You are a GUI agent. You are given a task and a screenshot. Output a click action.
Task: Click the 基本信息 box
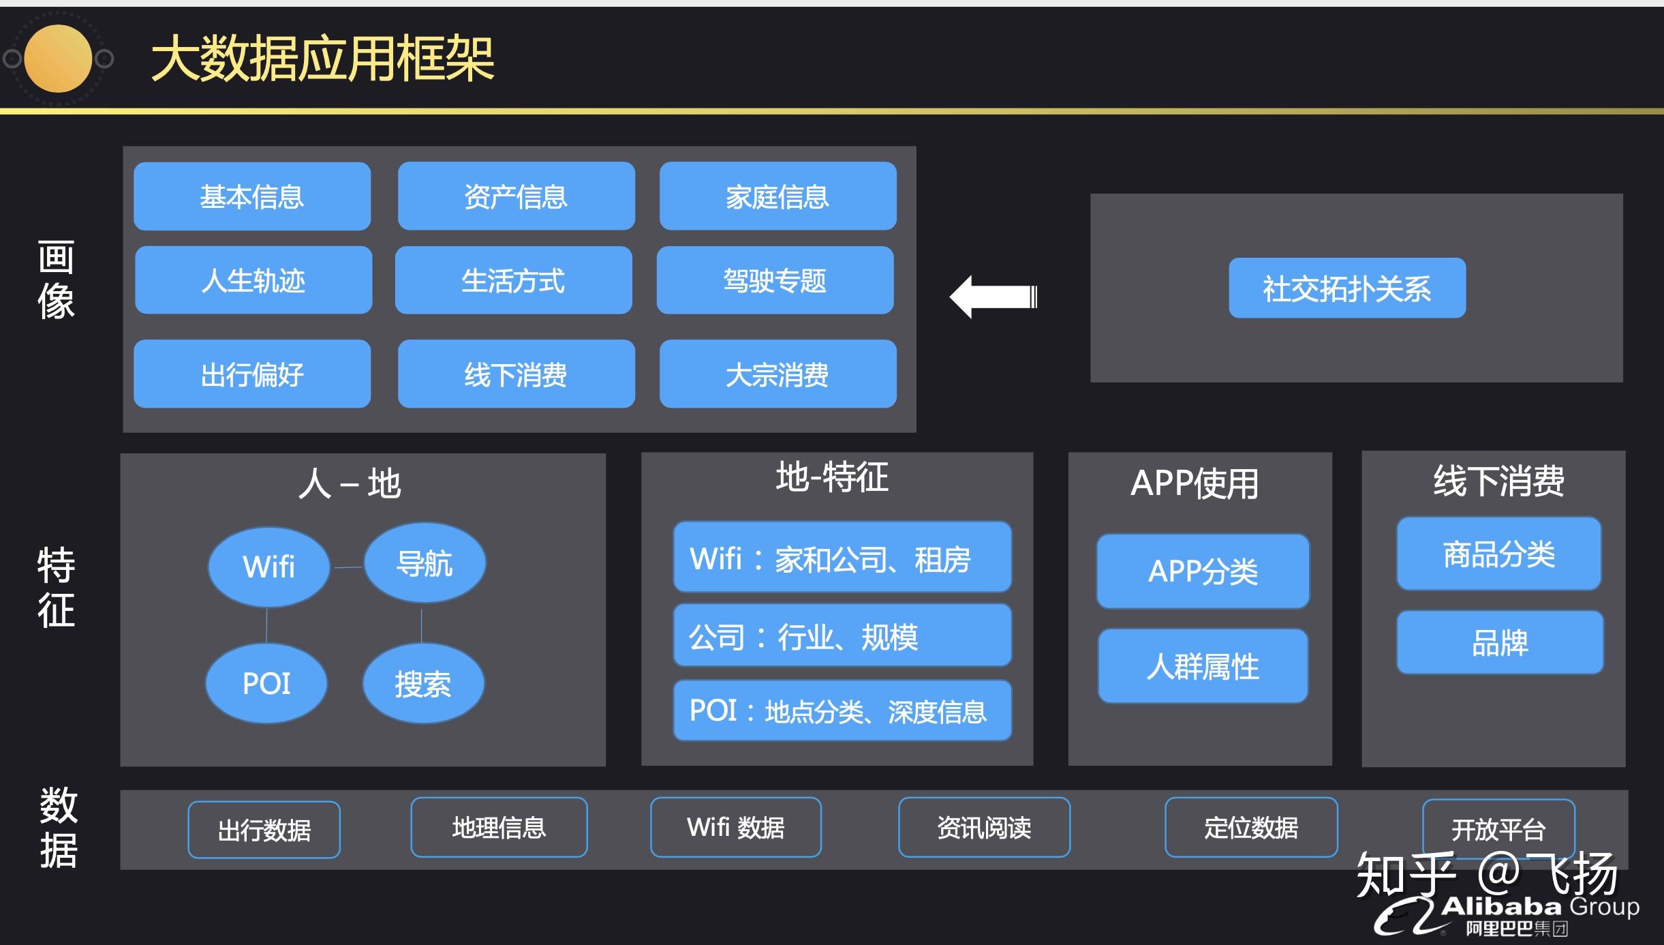[x=252, y=196]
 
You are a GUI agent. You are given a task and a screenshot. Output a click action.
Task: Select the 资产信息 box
[x=516, y=196]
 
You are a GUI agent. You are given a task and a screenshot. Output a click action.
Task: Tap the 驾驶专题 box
[x=775, y=280]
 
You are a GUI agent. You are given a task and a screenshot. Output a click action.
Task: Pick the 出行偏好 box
[x=252, y=374]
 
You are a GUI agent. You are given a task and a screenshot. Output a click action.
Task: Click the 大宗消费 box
[x=777, y=374]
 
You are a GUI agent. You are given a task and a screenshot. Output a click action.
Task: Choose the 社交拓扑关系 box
[x=1346, y=288]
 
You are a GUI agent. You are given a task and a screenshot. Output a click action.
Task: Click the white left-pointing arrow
[x=993, y=297]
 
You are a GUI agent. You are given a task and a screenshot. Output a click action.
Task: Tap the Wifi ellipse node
[x=269, y=567]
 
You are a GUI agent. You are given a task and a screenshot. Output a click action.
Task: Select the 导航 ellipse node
[x=425, y=563]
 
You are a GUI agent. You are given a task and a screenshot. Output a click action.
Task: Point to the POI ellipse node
[x=266, y=683]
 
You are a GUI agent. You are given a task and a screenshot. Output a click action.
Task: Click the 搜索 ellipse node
[x=423, y=683]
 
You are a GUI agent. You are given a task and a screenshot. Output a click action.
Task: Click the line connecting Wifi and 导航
[x=348, y=567]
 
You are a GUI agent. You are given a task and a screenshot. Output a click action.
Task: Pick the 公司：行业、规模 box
[x=842, y=635]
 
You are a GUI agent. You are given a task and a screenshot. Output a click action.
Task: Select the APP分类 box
[x=1203, y=571]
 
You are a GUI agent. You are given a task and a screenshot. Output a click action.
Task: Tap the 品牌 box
[x=1500, y=642]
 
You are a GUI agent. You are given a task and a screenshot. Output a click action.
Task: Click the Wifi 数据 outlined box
[x=735, y=827]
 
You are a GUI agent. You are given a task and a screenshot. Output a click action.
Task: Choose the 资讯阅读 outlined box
[x=984, y=827]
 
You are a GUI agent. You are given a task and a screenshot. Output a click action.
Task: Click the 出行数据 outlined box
[x=264, y=830]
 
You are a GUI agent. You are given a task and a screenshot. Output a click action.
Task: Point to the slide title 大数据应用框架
[x=322, y=59]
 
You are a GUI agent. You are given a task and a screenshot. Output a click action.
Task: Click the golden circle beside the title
[x=58, y=59]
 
